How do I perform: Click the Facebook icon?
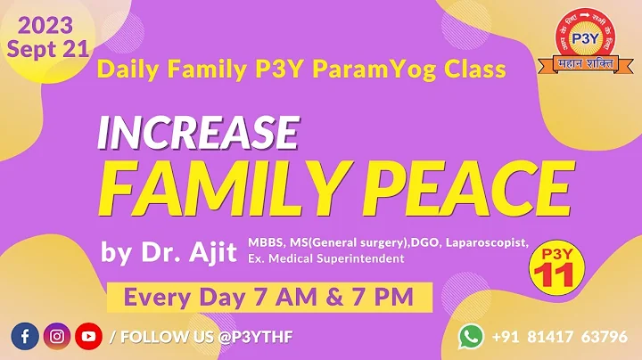(24, 337)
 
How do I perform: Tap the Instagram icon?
(56, 337)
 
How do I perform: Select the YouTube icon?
(88, 337)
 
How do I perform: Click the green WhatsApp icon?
(470, 336)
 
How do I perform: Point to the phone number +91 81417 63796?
(560, 337)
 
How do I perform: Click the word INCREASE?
(197, 133)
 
